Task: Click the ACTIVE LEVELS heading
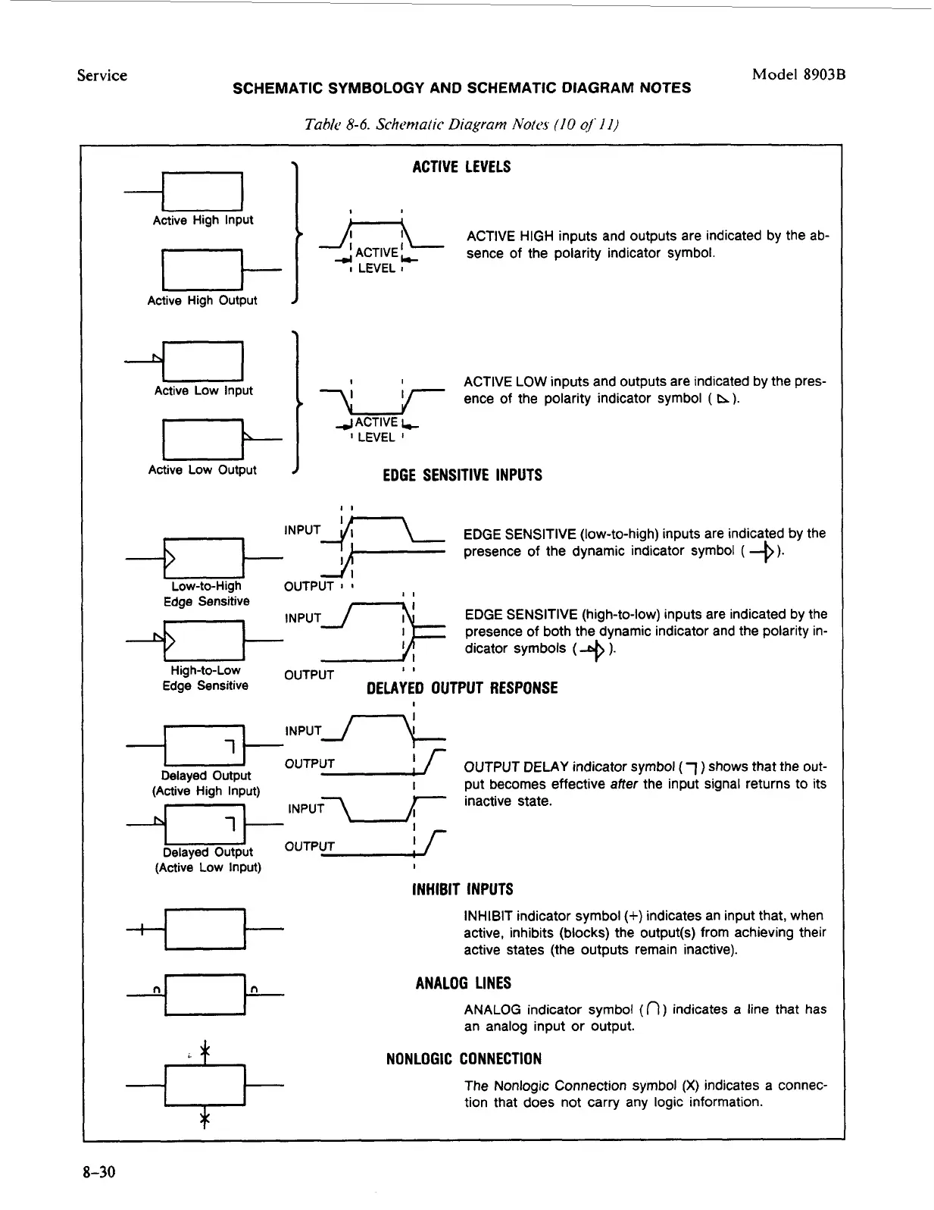[461, 167]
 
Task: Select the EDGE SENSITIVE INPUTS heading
[462, 475]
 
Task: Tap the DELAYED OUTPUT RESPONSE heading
[462, 688]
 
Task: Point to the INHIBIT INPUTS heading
[462, 889]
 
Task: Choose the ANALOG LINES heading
[463, 983]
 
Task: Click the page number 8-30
[99, 1173]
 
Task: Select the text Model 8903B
[798, 74]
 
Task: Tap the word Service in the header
[102, 75]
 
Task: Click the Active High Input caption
[203, 221]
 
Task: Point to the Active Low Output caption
[202, 470]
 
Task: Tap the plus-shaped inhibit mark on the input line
[142, 929]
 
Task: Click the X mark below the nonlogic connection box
[204, 1119]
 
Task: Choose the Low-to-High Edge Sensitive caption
[206, 594]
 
